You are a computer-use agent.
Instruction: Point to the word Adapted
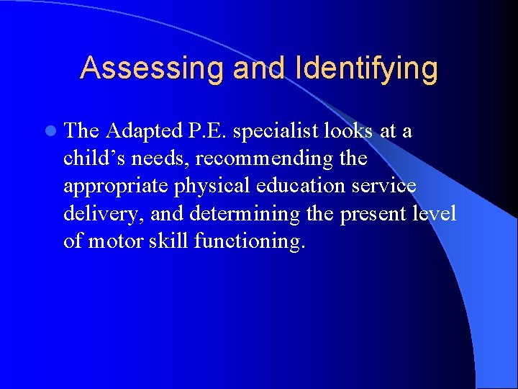coord(143,131)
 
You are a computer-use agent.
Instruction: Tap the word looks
coord(348,130)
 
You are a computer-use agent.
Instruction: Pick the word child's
coord(91,158)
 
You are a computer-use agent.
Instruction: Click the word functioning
coord(249,241)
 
